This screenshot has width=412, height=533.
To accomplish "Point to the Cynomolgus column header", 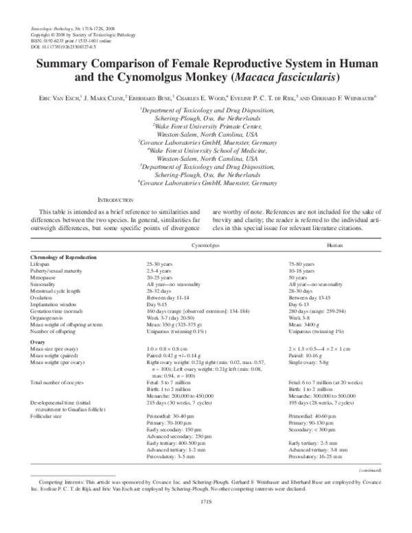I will tap(205, 244).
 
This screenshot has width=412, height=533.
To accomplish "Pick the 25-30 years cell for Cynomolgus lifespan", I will tap(161, 264).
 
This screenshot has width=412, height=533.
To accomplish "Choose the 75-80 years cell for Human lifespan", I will tap(303, 264).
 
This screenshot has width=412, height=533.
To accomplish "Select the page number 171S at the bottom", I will tap(205, 521).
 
